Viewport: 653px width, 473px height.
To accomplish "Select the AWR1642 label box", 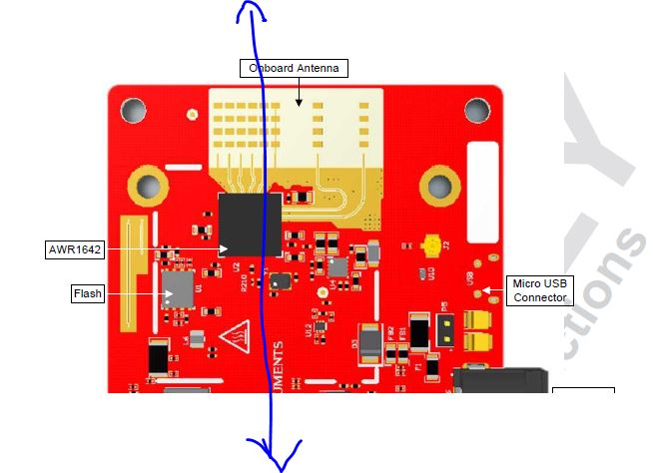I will point(75,248).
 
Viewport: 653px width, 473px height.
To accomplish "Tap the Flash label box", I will point(87,293).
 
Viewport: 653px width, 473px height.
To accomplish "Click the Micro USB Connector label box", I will point(539,290).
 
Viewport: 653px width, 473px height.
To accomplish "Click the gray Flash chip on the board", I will point(179,287).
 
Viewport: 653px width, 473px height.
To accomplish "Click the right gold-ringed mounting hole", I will point(439,183).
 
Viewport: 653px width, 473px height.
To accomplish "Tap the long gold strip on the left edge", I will point(127,271).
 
